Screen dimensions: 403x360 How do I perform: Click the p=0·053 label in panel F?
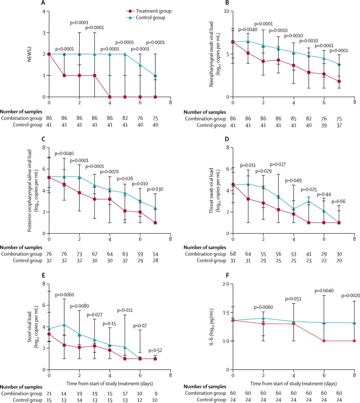pyautogui.click(x=293, y=299)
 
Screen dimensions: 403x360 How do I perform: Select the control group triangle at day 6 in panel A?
pyautogui.click(x=140, y=65)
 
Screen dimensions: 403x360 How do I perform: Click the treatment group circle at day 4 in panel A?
pyautogui.click(x=110, y=97)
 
